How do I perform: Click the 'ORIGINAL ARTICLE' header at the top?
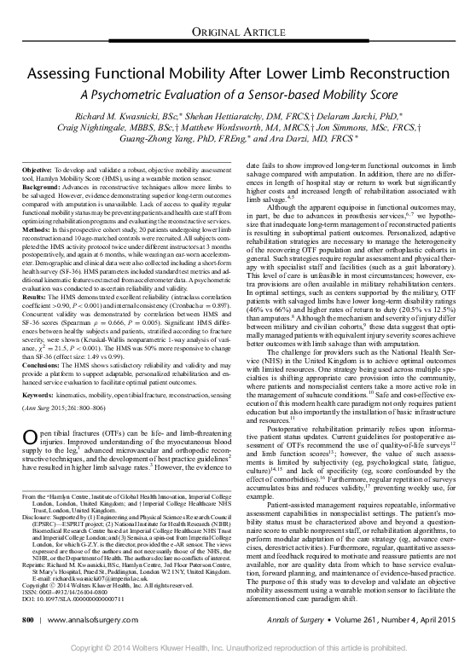[238, 32]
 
